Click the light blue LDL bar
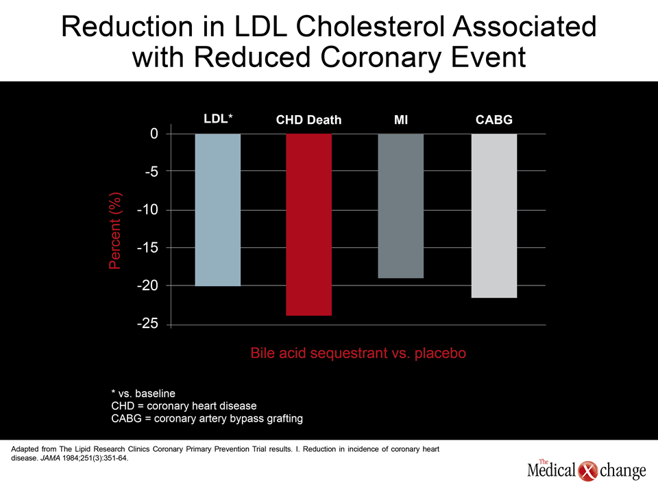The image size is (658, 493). tap(218, 210)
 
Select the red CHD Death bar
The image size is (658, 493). tap(309, 225)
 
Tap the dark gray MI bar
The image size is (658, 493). tap(401, 206)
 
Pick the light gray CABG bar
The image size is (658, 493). tap(494, 216)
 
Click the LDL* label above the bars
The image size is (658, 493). tap(218, 118)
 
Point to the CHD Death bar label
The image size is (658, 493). tap(309, 120)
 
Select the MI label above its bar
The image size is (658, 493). tap(401, 120)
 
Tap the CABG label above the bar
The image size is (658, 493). tap(494, 120)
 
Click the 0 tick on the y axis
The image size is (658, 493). tap(154, 134)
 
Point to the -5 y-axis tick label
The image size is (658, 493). tap(151, 171)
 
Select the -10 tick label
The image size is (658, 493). tap(148, 210)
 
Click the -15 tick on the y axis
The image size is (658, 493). tap(148, 248)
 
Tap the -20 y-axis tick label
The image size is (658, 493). tap(148, 286)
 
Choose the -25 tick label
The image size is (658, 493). tap(148, 324)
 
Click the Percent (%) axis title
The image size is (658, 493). tap(114, 231)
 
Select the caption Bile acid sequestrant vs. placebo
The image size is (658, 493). tap(358, 353)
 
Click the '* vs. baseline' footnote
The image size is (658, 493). tap(143, 393)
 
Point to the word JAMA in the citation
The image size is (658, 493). tap(50, 458)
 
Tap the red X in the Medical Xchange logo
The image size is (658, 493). tap(587, 471)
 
